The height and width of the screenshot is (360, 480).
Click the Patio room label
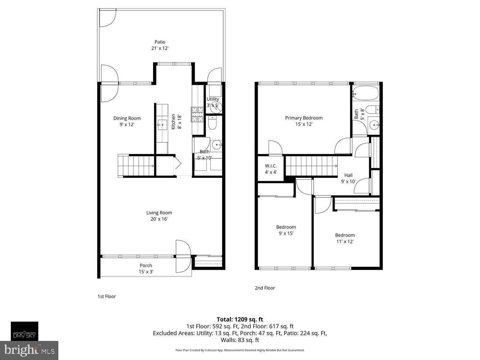[160, 45]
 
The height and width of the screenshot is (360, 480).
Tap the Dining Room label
[127, 121]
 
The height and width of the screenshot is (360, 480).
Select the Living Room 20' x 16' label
[159, 216]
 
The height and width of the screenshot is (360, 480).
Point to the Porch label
[146, 269]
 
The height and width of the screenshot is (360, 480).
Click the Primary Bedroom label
[304, 121]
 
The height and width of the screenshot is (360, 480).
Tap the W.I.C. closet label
[271, 169]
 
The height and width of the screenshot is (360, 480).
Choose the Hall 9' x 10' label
[348, 178]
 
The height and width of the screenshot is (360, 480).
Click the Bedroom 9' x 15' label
[286, 230]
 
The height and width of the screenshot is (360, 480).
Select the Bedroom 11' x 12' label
[345, 238]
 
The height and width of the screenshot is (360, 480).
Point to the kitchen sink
[162, 125]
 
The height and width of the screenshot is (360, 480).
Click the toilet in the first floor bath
[212, 124]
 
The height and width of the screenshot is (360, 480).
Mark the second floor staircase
[311, 166]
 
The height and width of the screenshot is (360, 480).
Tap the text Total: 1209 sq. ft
[240, 319]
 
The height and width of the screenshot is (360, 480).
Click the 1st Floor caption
[107, 296]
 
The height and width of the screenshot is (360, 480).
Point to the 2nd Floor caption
[265, 288]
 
